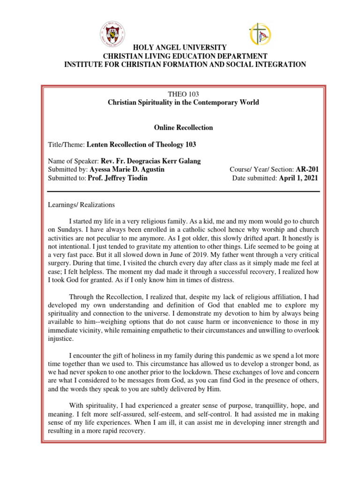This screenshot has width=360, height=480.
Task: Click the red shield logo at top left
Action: [112, 34]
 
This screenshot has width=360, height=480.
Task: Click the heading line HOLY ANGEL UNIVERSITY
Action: [180, 48]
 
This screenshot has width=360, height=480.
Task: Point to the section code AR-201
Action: [307, 169]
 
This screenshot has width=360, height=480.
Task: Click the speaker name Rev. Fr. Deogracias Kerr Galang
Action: [150, 161]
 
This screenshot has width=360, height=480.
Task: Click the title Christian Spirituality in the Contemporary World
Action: [183, 102]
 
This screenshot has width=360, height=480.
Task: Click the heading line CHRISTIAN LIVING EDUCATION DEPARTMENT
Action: [180, 56]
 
